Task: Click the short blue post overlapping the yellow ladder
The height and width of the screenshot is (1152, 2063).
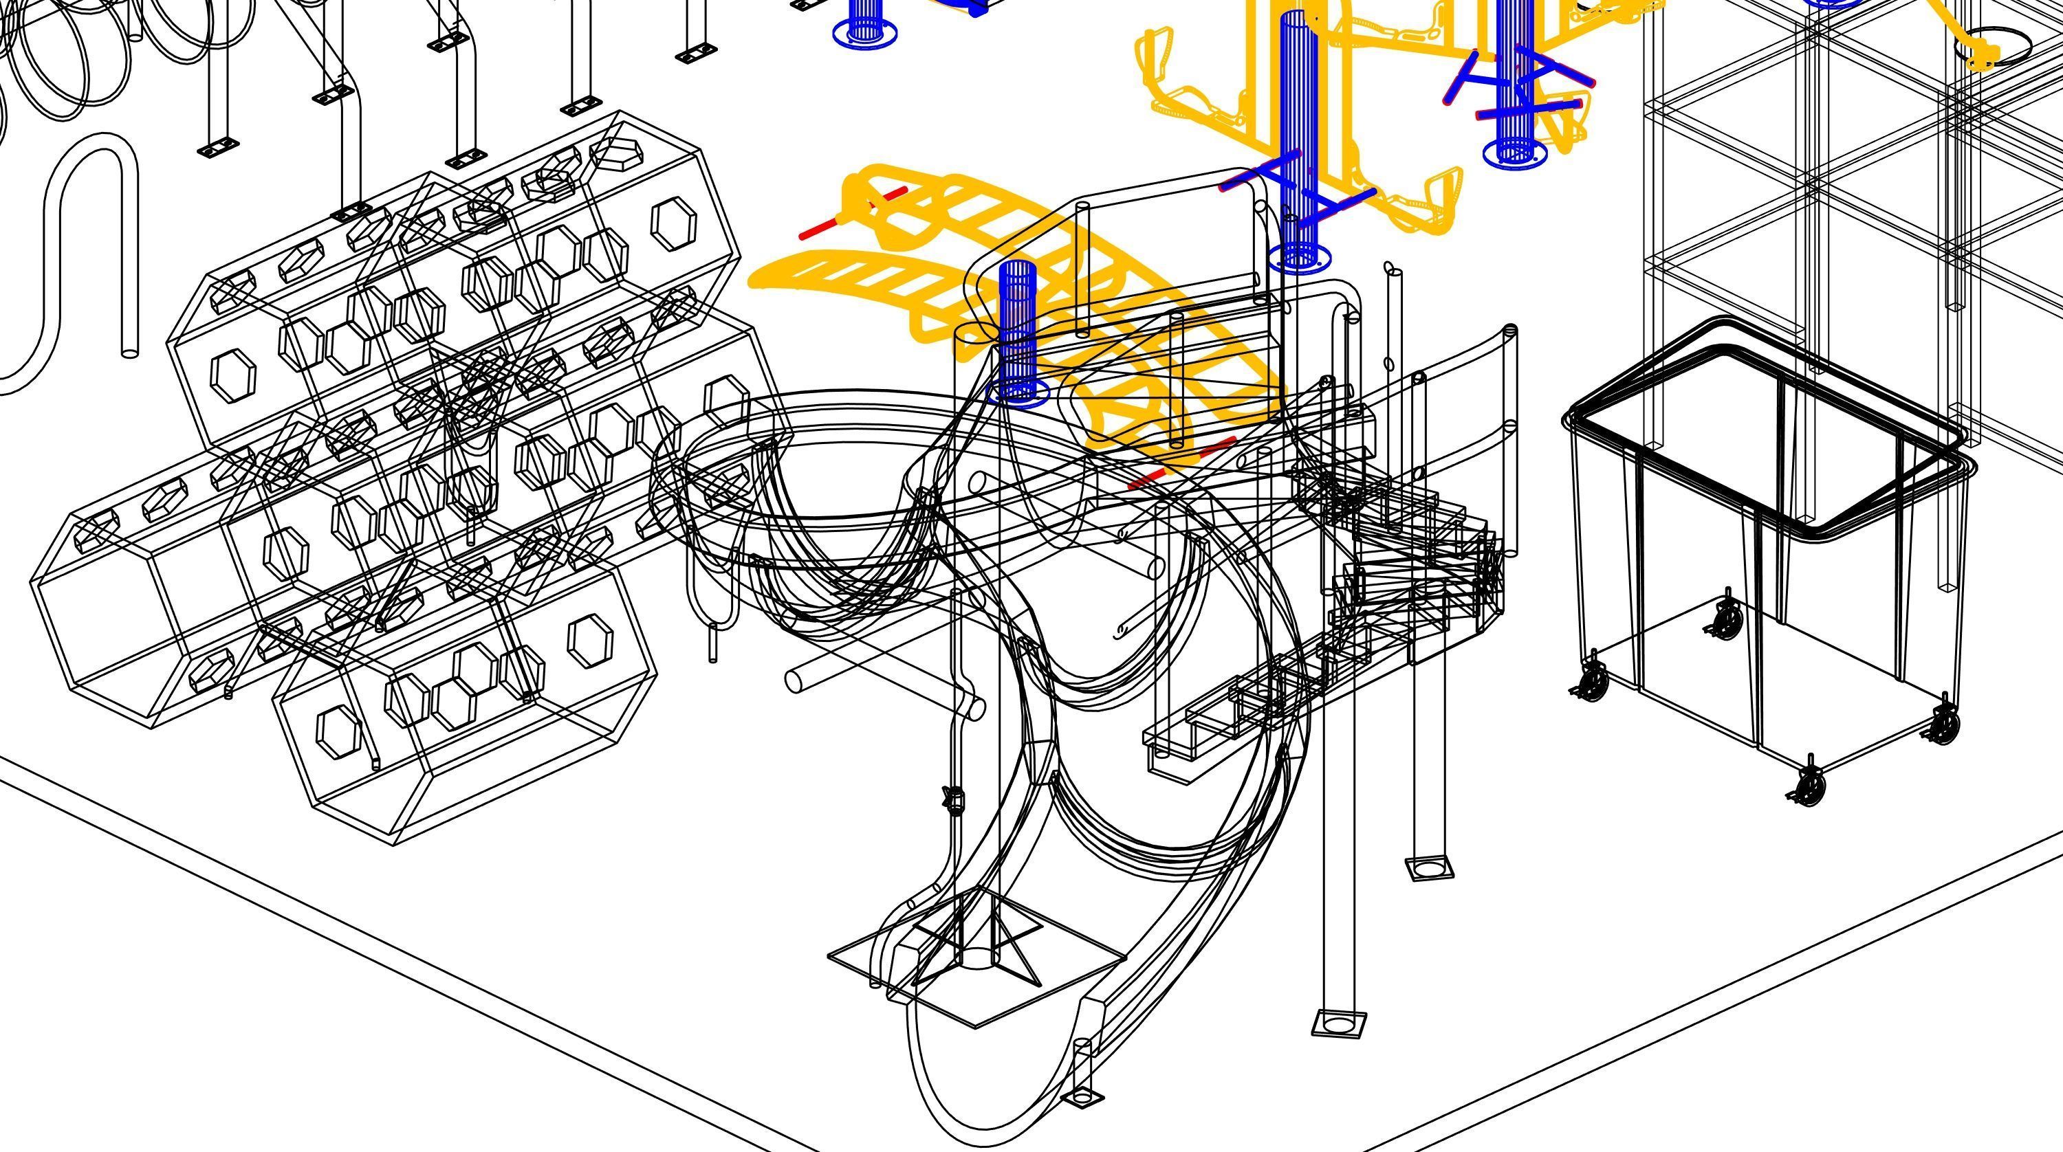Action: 1018,329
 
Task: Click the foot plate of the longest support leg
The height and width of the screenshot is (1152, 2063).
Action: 1338,1022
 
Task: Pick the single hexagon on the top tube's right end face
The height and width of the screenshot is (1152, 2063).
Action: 673,223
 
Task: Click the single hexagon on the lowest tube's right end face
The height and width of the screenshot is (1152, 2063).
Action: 590,641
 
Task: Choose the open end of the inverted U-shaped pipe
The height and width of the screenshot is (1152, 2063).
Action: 129,351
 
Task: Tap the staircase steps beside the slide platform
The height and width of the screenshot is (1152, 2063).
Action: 1410,560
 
